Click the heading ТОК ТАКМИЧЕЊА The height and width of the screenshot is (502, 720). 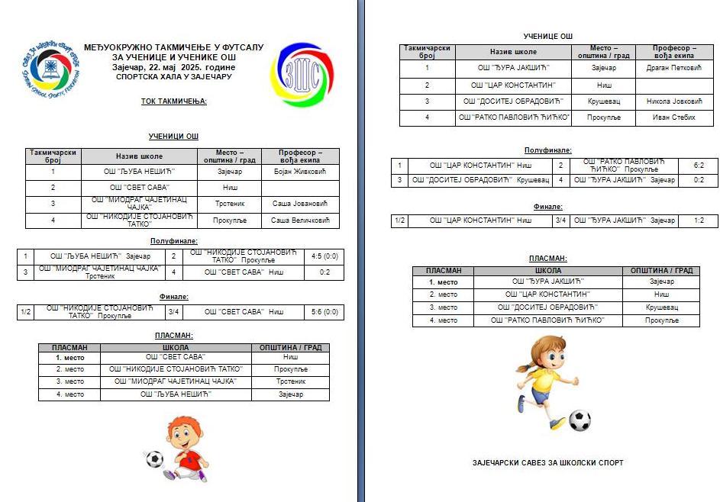(x=173, y=100)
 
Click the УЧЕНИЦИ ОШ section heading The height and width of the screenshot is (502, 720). (x=173, y=136)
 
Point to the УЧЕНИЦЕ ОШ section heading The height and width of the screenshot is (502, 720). (x=547, y=36)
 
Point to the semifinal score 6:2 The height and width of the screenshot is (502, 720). (x=698, y=165)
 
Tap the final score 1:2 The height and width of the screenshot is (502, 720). (x=698, y=220)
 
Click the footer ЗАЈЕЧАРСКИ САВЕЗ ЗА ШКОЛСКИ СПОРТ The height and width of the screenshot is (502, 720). (x=547, y=462)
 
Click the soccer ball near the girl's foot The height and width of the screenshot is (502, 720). (x=580, y=420)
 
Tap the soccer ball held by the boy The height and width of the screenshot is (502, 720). (x=154, y=459)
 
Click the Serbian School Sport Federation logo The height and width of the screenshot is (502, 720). (x=50, y=66)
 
